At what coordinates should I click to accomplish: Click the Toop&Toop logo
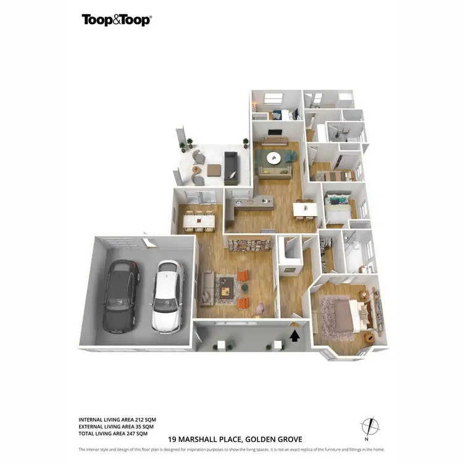pyautogui.click(x=117, y=20)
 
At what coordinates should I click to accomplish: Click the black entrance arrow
pyautogui.click(x=295, y=335)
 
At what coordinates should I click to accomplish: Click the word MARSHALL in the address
pyautogui.click(x=206, y=439)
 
